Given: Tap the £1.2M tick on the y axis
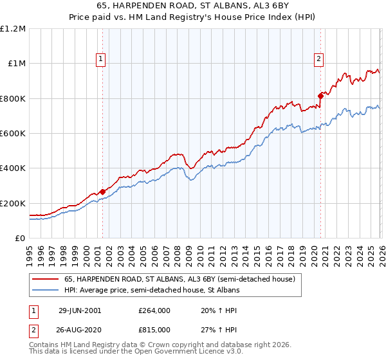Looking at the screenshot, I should click(14, 28).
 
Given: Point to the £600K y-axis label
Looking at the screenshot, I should click(12, 134).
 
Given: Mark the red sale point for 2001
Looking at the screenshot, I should click(102, 192).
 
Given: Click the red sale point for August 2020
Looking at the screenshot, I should click(320, 96).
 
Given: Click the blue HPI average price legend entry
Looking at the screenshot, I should click(151, 291).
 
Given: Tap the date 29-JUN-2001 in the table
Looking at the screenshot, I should click(84, 310).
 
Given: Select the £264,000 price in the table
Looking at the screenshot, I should click(154, 310).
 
